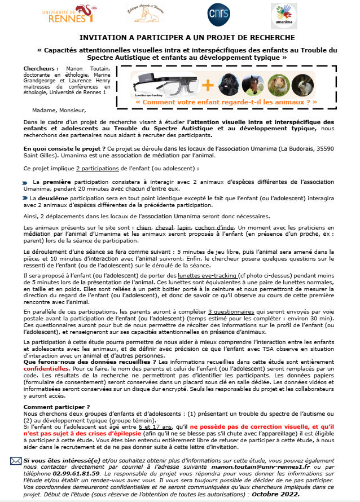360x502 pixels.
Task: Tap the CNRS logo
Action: click(219, 14)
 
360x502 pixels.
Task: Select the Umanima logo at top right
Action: click(284, 15)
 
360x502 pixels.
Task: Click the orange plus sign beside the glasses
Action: click(208, 85)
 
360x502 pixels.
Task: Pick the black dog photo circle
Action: click(228, 84)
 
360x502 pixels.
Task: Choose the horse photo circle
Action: click(252, 84)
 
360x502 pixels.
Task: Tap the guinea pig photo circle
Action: click(278, 84)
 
